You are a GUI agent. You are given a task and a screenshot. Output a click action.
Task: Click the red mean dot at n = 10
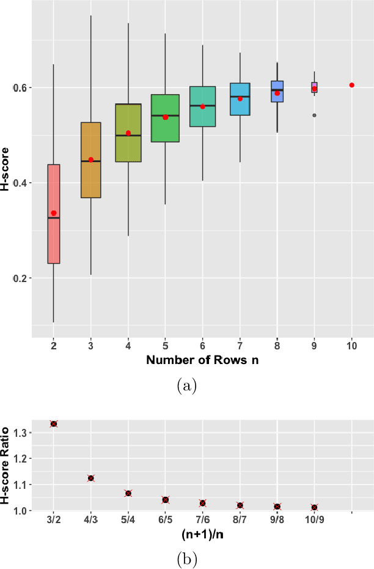(x=352, y=85)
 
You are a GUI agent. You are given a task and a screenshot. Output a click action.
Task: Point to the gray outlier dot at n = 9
(x=315, y=115)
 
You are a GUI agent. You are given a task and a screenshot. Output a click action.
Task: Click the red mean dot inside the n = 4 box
(x=128, y=133)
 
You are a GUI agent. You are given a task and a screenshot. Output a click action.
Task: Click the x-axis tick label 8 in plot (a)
(x=277, y=346)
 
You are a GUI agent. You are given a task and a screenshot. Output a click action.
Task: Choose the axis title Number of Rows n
(x=202, y=360)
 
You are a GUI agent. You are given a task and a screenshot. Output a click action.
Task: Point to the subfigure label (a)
(x=186, y=386)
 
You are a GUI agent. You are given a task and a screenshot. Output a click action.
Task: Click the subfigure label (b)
(x=186, y=558)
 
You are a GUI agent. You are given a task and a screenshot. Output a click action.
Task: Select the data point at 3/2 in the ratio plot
(x=54, y=423)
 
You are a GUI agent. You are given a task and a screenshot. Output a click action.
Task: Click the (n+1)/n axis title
(x=202, y=534)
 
